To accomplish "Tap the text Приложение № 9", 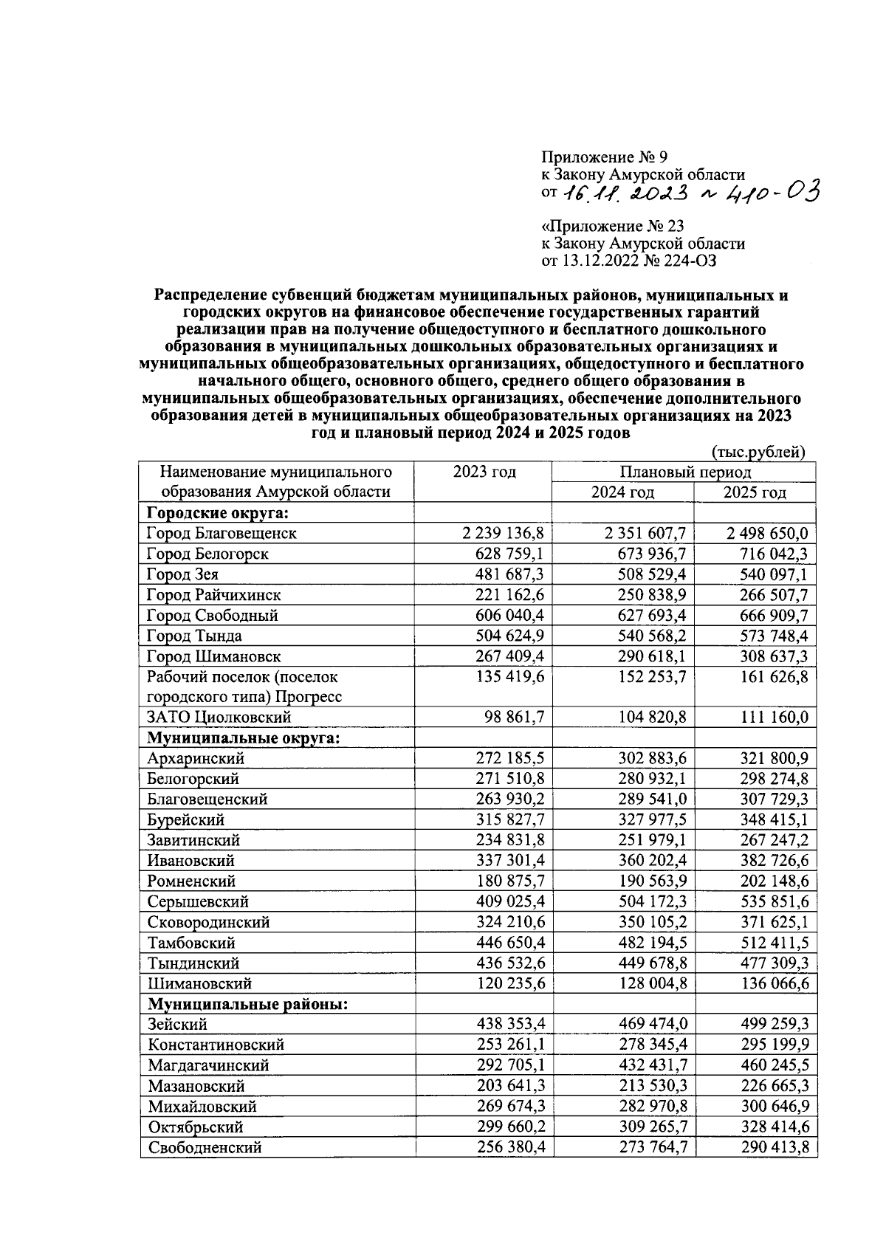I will point(604,157).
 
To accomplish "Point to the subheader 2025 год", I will point(755,492).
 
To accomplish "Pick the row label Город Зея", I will point(182,574).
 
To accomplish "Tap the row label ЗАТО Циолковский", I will point(219,717).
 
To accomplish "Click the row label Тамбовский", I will point(191,943).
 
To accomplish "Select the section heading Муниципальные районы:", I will point(248,1004).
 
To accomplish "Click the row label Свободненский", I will point(205,1147).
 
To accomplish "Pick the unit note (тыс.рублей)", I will point(758,452).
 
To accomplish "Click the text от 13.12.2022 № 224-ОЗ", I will point(629,260).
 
